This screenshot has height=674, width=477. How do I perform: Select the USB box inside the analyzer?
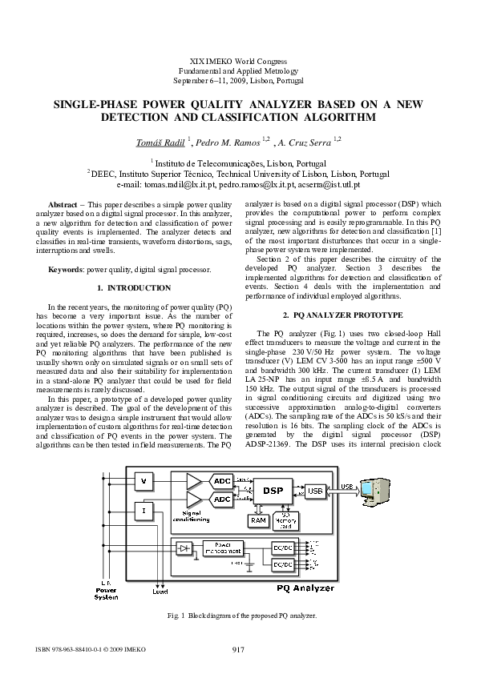pyautogui.click(x=314, y=490)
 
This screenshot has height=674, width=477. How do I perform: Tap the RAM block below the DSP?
pyautogui.click(x=258, y=520)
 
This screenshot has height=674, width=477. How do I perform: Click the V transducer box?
pyautogui.click(x=144, y=481)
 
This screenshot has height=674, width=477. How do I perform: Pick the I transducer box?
pyautogui.click(x=144, y=510)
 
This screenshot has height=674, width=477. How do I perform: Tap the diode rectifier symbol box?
pyautogui.click(x=185, y=548)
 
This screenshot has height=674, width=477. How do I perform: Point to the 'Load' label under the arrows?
pyautogui.click(x=160, y=592)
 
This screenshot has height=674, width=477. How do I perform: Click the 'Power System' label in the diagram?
pyautogui.click(x=106, y=593)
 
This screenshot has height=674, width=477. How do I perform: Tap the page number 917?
pyautogui.click(x=238, y=648)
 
